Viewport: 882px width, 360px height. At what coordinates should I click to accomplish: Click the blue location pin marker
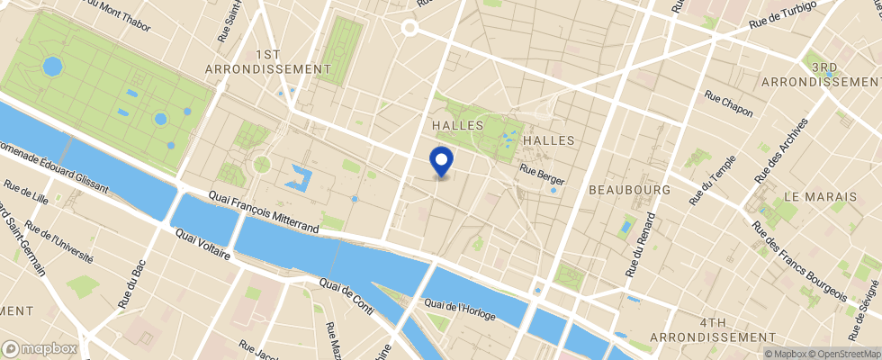click(x=442, y=161)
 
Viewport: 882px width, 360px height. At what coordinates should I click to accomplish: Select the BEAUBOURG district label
click(x=629, y=191)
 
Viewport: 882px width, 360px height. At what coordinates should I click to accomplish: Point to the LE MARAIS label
click(x=817, y=195)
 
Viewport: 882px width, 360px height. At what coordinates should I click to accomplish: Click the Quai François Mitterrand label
click(x=264, y=211)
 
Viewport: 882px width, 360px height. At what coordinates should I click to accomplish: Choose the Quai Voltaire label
click(x=203, y=244)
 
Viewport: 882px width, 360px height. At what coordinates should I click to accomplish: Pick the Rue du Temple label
click(x=713, y=181)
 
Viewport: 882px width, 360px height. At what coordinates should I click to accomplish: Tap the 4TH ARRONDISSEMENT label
click(x=736, y=329)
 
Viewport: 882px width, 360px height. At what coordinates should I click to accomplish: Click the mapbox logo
click(x=40, y=348)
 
